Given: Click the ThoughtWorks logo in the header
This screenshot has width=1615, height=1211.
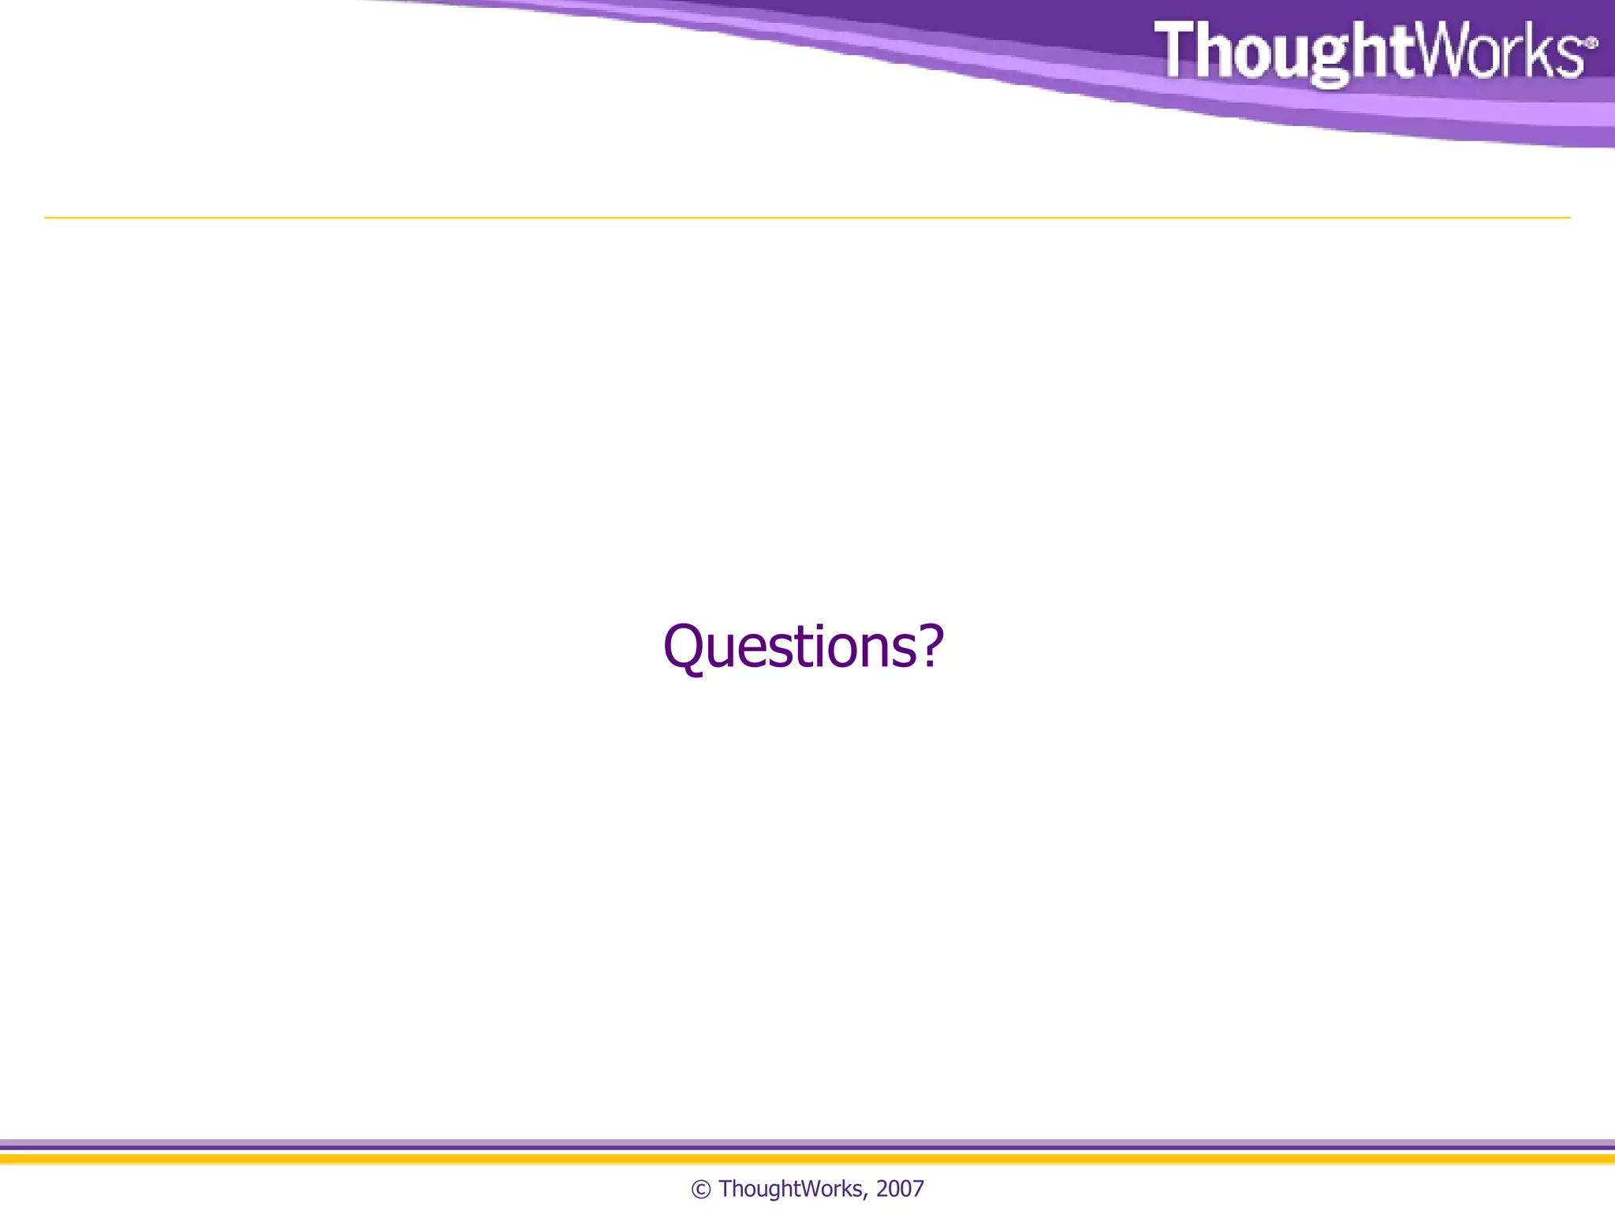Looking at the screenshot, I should [1372, 51].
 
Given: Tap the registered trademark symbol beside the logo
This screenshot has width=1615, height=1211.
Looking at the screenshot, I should [1591, 43].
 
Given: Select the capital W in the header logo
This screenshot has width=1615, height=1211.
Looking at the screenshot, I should [1443, 50].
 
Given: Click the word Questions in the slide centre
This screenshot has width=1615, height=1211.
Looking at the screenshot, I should [789, 646].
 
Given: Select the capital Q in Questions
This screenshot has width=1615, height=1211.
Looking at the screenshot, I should [688, 646].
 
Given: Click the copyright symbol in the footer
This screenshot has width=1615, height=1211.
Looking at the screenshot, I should [700, 1189].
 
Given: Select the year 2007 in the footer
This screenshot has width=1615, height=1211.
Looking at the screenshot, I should [900, 1188].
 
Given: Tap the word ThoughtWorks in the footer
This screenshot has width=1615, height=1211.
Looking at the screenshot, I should [790, 1188].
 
